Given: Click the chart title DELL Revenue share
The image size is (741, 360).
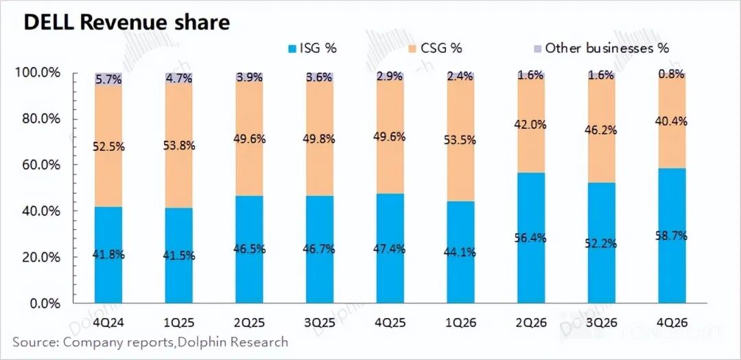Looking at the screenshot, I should pos(127,23).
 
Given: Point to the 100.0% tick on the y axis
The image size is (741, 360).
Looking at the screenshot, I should pos(43,73).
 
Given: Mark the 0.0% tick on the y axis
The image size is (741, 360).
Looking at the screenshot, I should pos(49,303).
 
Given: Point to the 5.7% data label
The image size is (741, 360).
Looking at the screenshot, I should pos(108,80).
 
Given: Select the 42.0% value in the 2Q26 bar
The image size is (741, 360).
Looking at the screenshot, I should pos(531,124).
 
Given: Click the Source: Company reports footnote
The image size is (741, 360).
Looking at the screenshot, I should pos(150,341).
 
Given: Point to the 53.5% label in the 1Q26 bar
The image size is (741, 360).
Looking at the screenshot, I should pos(460,141).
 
